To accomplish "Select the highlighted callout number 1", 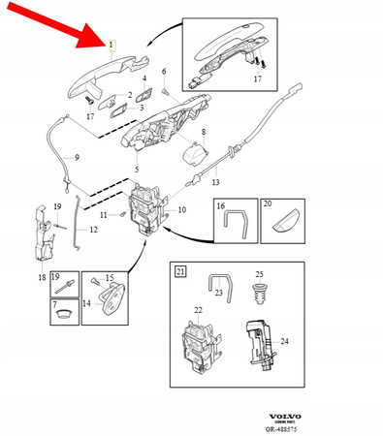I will coord(112,45).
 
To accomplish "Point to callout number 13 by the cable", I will coord(215,180).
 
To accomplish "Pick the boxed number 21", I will coord(179,271).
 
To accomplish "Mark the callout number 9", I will coord(77,157).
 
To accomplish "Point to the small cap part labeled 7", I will coord(63,314).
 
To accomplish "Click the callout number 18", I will coord(42,277).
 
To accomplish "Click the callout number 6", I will coord(164,71).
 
